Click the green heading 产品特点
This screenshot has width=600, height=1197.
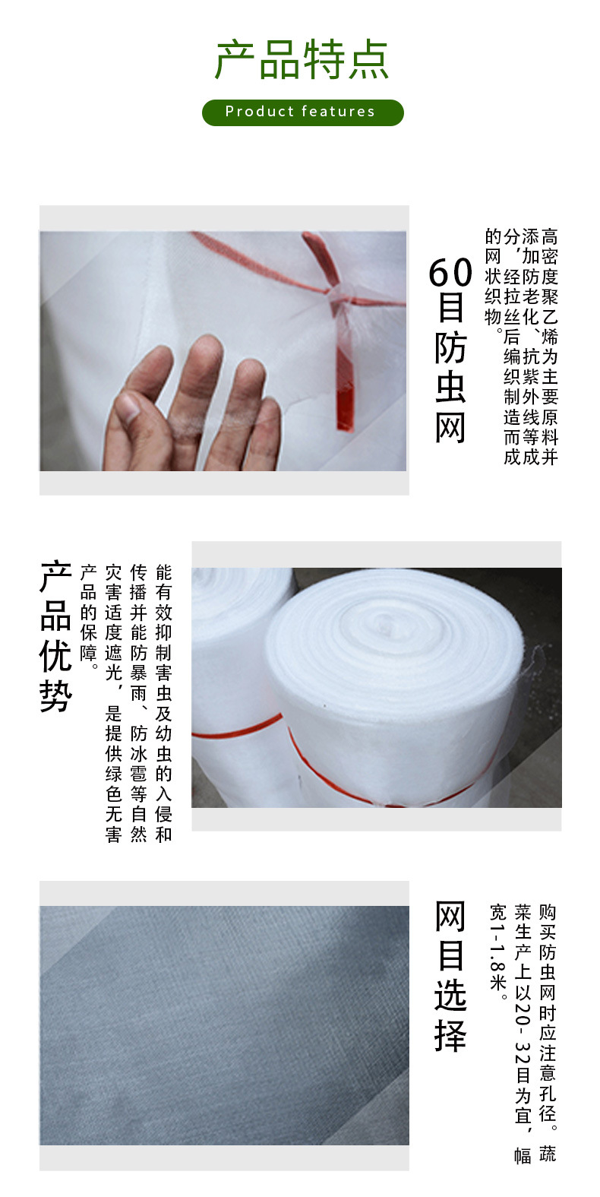coord(301,60)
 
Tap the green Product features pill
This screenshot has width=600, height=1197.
coord(303,112)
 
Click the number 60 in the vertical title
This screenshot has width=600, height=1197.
coord(450,273)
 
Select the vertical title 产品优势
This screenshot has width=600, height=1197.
coord(55,636)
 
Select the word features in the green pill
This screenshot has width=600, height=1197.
coord(339,112)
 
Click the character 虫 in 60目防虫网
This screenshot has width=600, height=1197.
coord(450,387)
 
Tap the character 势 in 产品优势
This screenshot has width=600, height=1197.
coord(55,696)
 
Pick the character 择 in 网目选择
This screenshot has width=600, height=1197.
coord(450,1036)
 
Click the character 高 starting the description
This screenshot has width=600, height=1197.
coord(549,236)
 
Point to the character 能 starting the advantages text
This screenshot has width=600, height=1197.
coord(163,572)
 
